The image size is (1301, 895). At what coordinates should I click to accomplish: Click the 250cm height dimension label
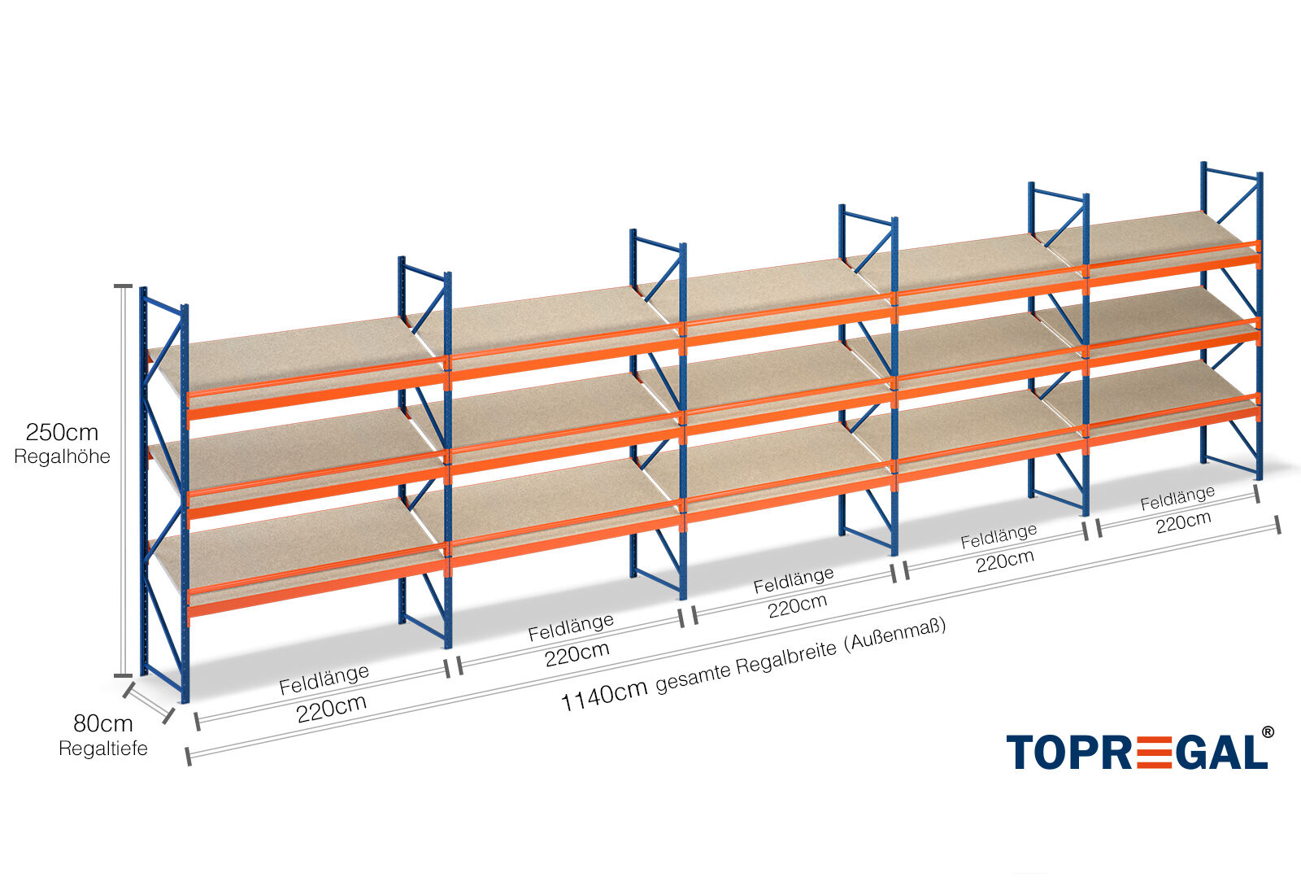pos(62,432)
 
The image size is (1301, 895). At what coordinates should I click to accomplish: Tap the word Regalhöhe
pos(62,456)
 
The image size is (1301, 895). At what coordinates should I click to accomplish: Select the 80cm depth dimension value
pos(103,723)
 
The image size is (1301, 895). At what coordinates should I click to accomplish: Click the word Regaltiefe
pos(103,749)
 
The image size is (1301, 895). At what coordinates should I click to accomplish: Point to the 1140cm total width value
pos(604,695)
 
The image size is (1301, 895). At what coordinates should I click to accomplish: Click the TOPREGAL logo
pos(1137,752)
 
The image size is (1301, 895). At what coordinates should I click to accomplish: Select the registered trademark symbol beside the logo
pos(1268,731)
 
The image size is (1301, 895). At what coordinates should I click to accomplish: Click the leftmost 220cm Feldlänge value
pos(331,709)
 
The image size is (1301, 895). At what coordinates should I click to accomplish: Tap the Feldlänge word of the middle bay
pos(794,581)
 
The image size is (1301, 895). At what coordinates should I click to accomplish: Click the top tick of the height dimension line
pos(123,286)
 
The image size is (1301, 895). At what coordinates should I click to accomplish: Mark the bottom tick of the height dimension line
pos(123,675)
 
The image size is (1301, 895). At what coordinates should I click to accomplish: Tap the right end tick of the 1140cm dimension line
pos(1277,524)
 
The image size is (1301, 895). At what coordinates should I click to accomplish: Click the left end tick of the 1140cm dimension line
pos(188,757)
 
